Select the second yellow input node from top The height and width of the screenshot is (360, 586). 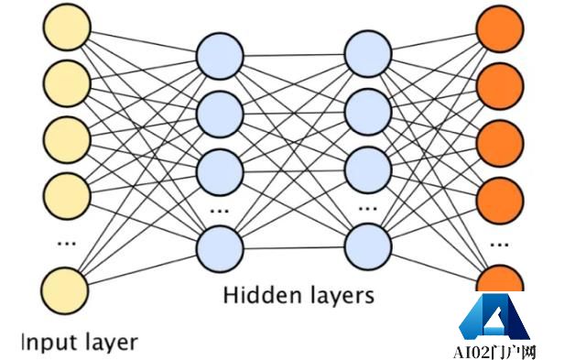[66, 82]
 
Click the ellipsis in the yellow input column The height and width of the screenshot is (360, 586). [66, 244]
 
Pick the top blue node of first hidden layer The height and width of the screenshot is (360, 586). [220, 53]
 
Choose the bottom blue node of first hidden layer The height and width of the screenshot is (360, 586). [220, 248]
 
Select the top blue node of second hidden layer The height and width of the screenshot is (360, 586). [368, 53]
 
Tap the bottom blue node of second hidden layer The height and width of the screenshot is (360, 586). [368, 248]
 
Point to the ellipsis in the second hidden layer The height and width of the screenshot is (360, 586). [368, 208]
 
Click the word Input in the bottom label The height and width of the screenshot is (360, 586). [45, 343]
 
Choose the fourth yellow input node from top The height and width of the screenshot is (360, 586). [66, 193]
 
